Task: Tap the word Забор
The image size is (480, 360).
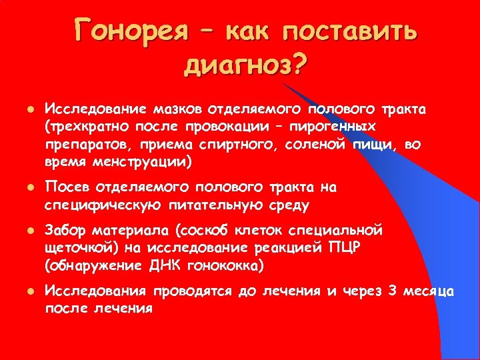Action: [x=67, y=231]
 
